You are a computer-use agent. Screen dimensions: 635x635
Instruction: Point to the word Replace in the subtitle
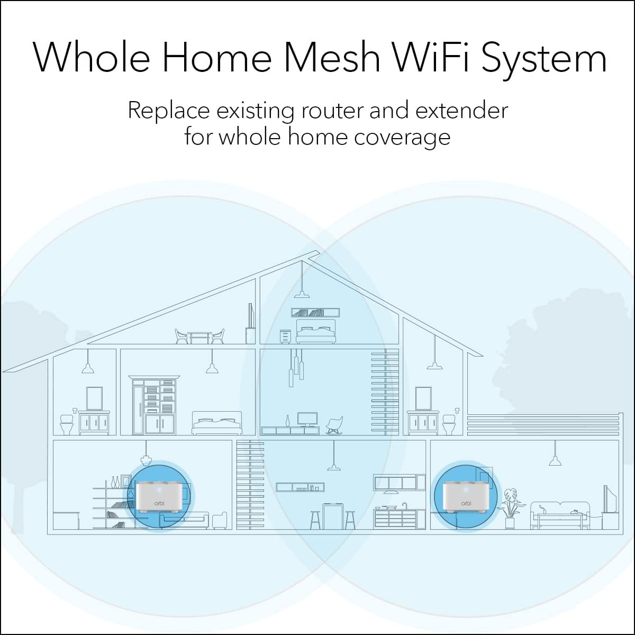169,111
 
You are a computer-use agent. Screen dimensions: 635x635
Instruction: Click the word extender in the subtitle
461,111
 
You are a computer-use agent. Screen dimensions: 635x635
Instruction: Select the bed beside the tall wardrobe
217,423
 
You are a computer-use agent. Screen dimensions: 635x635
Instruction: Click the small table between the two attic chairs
199,338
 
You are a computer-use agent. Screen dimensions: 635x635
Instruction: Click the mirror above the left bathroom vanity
94,398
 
